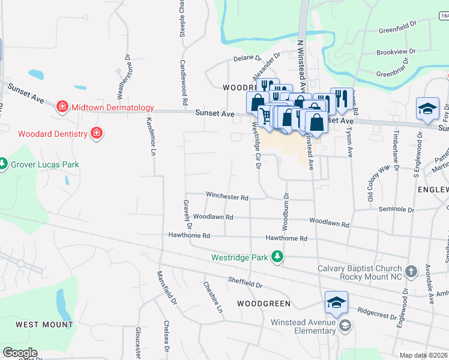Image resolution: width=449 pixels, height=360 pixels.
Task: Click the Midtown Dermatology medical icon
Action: [x=62, y=107]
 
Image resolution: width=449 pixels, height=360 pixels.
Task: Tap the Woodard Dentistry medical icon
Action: [x=96, y=133]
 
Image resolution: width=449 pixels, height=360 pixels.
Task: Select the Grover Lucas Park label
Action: [x=44, y=164]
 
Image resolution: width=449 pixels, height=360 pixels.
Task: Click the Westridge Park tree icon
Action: [x=277, y=257]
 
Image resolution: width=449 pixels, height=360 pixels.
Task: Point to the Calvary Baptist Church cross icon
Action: [x=411, y=271]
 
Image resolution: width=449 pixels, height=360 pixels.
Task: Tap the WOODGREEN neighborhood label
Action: [x=264, y=304]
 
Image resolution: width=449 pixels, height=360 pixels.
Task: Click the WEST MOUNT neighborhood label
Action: [x=44, y=325]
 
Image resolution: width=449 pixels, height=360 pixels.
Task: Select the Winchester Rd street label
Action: [x=227, y=196]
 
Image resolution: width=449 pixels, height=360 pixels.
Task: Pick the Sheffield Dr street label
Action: [x=246, y=280]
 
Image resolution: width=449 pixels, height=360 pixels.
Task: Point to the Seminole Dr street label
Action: [x=397, y=210]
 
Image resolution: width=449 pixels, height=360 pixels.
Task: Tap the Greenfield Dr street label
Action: [x=397, y=29]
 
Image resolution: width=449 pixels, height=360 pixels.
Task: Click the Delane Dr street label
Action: [x=247, y=59]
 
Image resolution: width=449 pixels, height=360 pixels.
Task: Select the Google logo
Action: [x=20, y=353]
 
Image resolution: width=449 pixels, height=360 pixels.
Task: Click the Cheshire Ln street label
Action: [x=212, y=298]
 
